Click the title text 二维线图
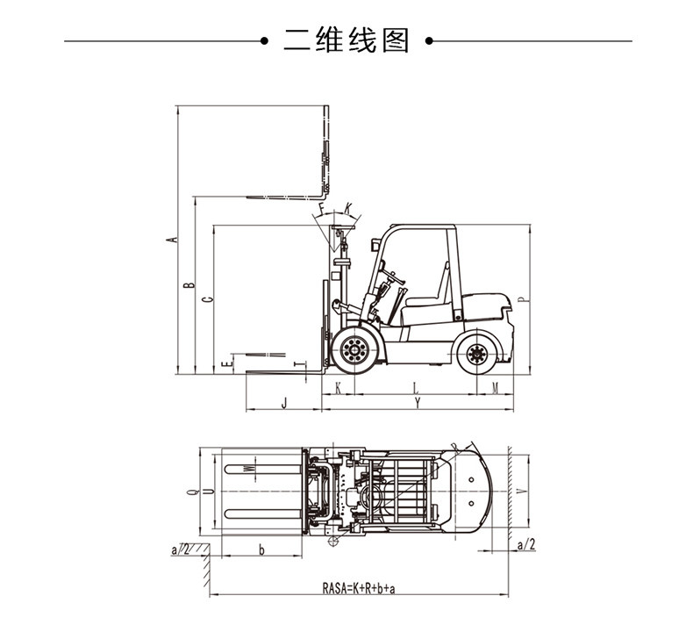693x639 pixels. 346,40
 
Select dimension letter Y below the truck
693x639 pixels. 418,402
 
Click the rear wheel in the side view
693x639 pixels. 476,354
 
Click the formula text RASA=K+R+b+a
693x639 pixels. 359,587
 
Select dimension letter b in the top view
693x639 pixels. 261,549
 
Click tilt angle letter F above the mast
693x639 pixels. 323,209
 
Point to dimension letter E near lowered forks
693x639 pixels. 226,361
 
